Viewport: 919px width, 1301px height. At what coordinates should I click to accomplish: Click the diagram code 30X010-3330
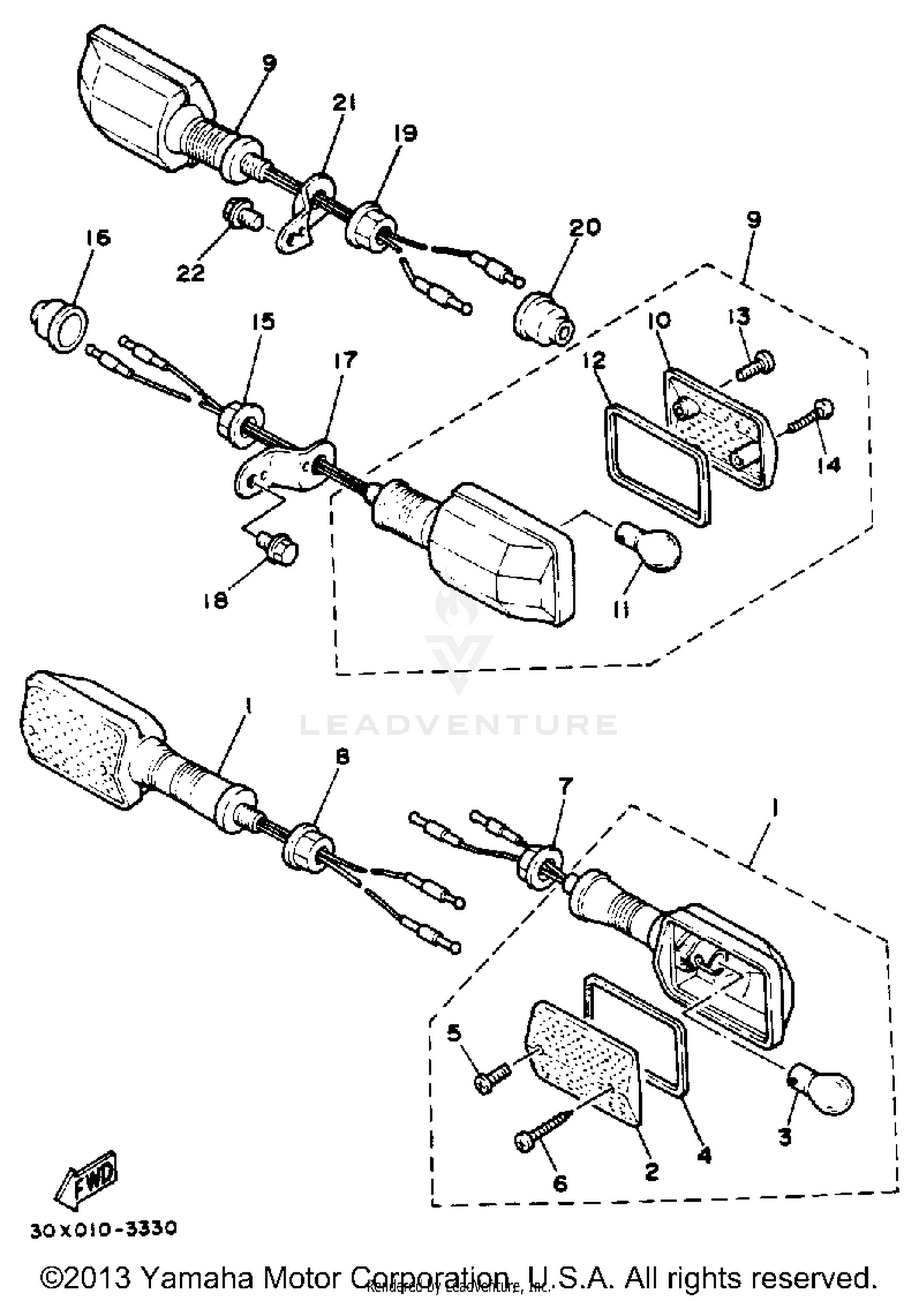click(104, 1229)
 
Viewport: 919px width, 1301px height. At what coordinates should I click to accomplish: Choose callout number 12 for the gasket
click(595, 360)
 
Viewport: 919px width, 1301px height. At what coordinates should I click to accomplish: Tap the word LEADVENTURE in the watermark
click(458, 724)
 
